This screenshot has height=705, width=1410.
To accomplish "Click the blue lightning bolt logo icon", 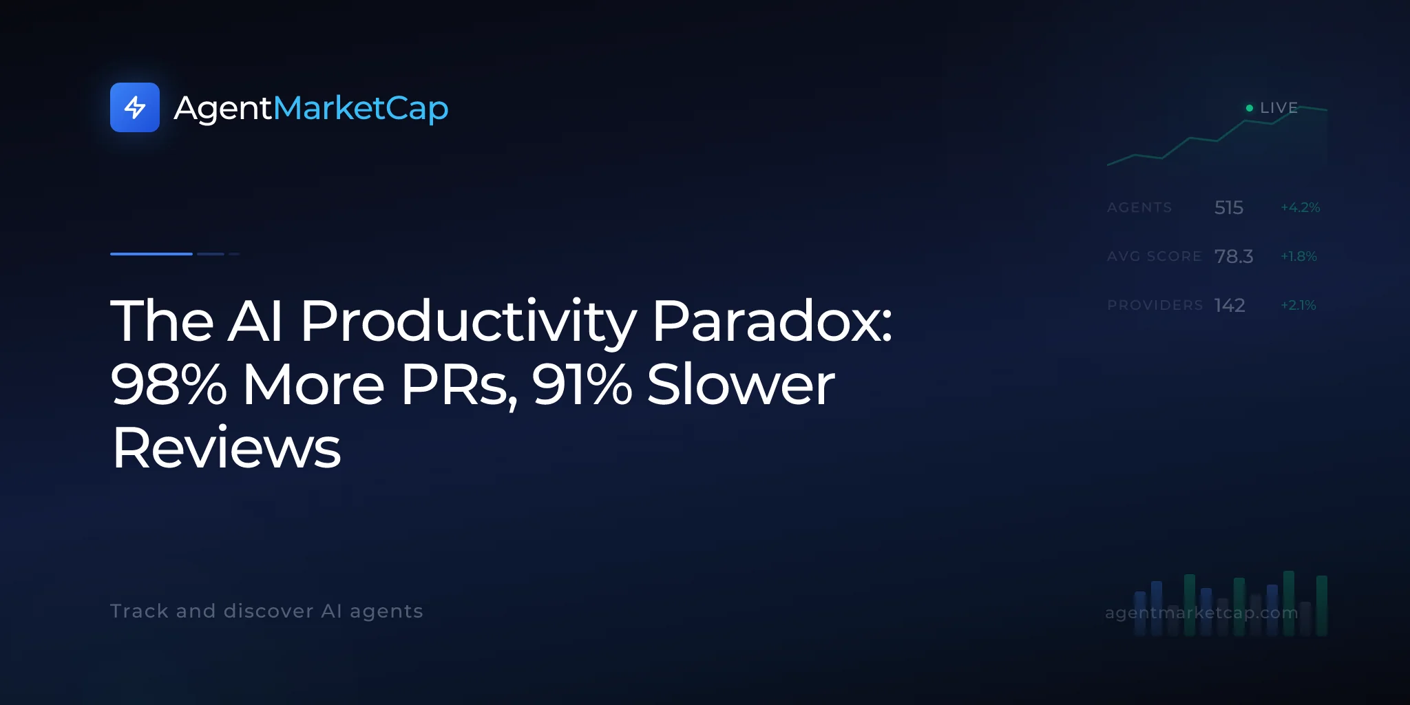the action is point(135,107).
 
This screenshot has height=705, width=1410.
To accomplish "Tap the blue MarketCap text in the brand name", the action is point(361,108).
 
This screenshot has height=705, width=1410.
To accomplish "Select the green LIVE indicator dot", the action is point(1250,108).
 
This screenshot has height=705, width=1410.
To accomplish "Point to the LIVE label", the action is point(1279,108).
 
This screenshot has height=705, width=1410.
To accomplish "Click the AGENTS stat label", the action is point(1139,207).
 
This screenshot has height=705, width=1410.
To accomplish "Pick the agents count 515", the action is point(1229,207).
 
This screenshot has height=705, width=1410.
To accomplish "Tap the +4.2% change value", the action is point(1301,207).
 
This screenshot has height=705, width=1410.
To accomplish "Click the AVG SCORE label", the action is point(1155,256).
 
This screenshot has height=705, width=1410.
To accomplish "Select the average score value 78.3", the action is point(1234,256).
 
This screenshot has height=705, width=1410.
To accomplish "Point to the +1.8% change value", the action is point(1298,256).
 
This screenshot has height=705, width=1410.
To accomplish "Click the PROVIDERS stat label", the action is point(1155,305).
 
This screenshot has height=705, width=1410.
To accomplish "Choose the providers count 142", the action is point(1230,305).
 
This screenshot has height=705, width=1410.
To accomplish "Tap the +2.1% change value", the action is point(1298,305).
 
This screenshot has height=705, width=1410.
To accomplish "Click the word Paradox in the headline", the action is point(772,321).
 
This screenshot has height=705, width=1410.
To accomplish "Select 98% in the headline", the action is point(169,384).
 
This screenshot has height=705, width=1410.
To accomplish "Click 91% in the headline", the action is point(582,384).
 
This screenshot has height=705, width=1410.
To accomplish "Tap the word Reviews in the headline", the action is point(227,448).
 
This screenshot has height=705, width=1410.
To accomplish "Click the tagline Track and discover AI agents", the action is point(266,611).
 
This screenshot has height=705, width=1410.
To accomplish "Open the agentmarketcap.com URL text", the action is point(1201,612).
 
